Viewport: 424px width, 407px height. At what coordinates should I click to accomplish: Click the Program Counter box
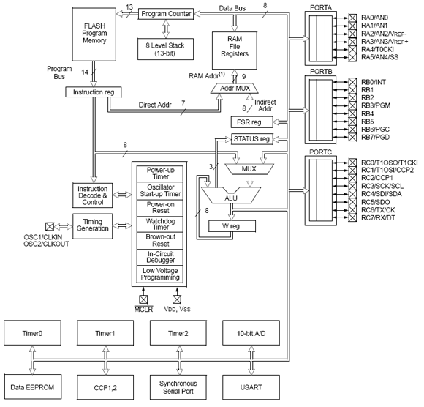coord(166,14)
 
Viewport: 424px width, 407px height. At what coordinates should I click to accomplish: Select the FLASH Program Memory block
coord(94,34)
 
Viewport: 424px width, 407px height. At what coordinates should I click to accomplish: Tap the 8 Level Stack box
coord(165,49)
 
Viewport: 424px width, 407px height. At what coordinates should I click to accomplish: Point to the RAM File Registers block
coord(235,51)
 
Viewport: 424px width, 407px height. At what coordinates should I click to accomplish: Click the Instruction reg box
coord(94,92)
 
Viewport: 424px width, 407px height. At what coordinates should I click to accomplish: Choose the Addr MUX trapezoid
coord(235,89)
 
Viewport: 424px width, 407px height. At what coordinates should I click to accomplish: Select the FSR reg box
coord(251,122)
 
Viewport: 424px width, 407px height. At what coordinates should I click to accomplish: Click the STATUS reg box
coord(252,139)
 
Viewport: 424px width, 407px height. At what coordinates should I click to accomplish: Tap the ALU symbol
coord(231,195)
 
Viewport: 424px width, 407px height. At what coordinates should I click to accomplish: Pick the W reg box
coord(232,226)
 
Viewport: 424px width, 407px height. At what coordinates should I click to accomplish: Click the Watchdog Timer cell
coord(160,224)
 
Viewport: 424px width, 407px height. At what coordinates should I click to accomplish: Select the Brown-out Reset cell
coord(160,240)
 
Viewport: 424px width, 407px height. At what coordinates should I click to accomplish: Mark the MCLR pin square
coord(143,299)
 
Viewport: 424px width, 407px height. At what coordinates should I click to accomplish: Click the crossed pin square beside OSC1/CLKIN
coord(50,226)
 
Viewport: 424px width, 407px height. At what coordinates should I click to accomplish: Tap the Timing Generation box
coord(93,226)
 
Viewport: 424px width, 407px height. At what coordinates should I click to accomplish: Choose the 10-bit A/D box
coord(251,333)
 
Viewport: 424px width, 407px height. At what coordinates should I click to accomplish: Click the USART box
coord(251,387)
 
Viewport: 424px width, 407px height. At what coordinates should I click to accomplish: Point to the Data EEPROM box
coord(32,387)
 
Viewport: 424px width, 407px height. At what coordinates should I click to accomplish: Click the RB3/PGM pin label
coord(376,105)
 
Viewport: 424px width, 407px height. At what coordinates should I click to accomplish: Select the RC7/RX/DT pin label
coord(378,217)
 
